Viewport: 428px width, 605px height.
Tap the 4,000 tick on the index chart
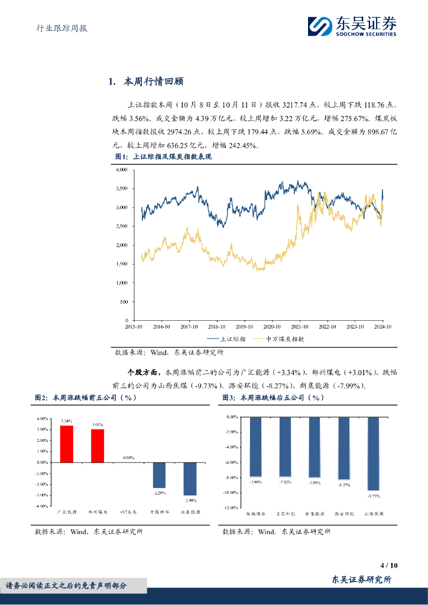pos(121,170)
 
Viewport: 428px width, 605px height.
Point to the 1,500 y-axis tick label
pos(121,264)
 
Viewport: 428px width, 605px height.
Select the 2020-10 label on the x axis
pos(271,326)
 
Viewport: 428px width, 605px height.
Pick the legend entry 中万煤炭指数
pos(279,339)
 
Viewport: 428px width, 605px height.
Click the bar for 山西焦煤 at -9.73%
pos(374,454)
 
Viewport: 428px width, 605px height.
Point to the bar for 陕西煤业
pos(255,447)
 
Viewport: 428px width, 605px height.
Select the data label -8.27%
pos(344,485)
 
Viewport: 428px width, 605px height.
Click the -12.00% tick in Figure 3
pos(231,508)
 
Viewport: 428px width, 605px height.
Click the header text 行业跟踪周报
pos(58,28)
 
